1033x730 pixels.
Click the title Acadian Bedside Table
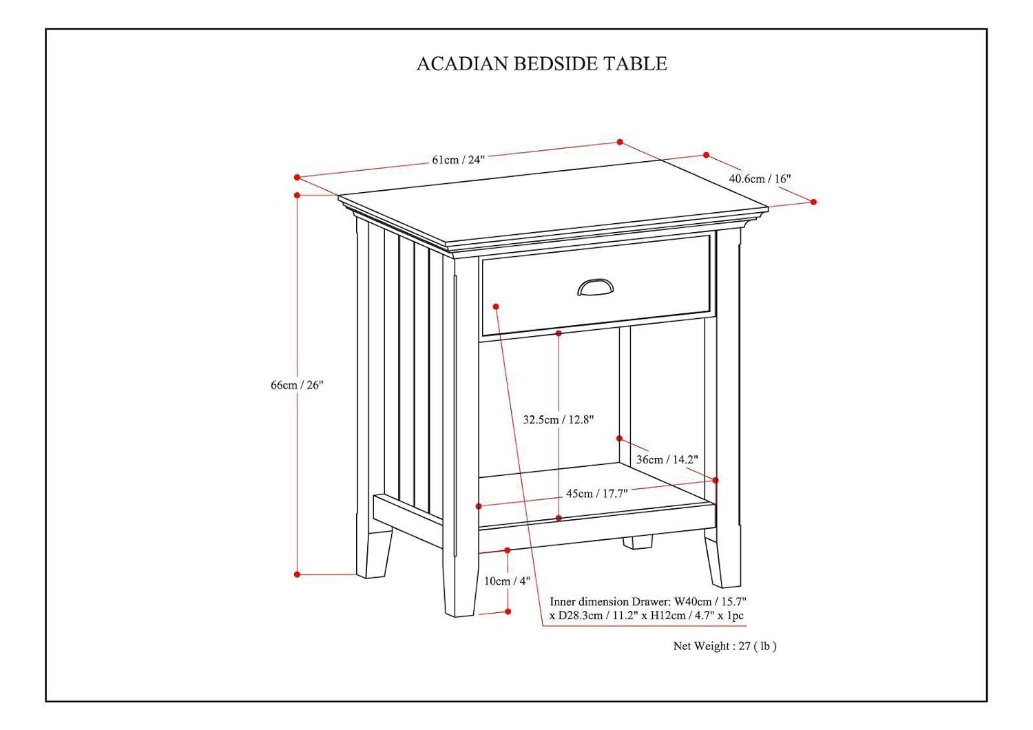pos(541,63)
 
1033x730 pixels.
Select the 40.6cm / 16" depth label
pos(760,178)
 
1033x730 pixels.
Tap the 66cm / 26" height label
pos(296,385)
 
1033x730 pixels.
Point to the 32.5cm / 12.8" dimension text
pos(558,419)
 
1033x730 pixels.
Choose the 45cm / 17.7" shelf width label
pos(596,493)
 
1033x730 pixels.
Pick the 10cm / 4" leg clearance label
pos(507,581)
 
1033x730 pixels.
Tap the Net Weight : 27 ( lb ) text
pos(724,646)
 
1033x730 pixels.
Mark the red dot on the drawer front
pos(496,306)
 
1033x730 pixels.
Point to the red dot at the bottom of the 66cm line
pos(298,574)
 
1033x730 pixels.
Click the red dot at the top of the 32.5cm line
pos(559,333)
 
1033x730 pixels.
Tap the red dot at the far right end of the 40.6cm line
pos(813,202)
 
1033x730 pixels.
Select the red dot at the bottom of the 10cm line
pos(508,612)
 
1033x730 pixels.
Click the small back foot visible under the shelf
pos(638,542)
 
